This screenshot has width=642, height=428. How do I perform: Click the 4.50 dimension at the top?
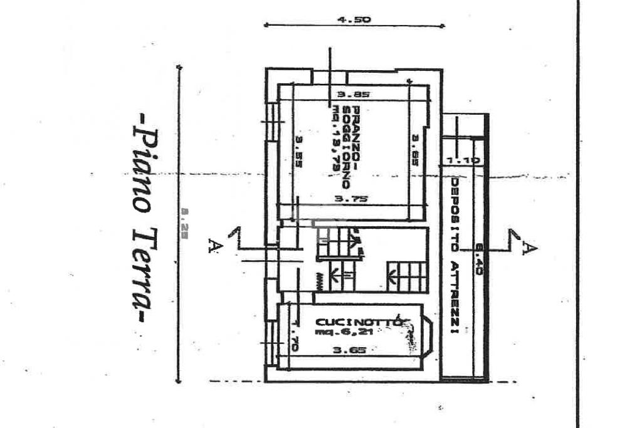(354, 19)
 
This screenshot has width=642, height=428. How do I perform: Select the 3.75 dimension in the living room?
(351, 199)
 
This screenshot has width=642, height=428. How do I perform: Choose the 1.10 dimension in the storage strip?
(463, 160)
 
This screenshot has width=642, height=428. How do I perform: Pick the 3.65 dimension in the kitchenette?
(345, 351)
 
